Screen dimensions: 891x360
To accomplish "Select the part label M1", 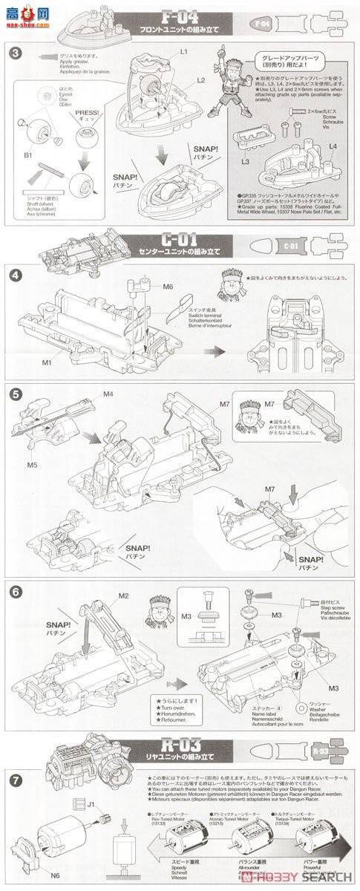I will (x=46, y=362).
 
